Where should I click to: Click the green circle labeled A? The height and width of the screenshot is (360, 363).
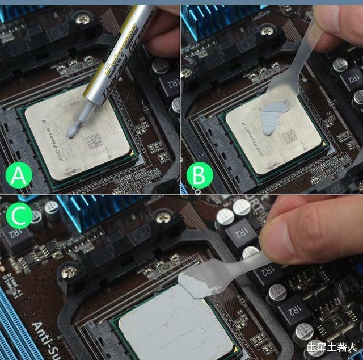tap(19, 177)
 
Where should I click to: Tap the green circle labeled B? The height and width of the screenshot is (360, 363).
tap(199, 177)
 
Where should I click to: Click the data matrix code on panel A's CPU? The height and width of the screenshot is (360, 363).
tap(93, 140)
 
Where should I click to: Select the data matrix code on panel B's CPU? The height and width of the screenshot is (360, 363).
tap(290, 136)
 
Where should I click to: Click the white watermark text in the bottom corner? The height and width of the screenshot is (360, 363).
tap(331, 346)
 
